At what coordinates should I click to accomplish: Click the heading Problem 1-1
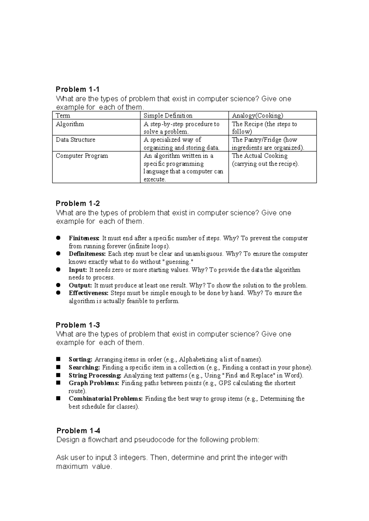[77, 89]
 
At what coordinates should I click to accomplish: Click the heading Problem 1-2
[77, 203]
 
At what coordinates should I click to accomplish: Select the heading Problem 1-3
[77, 325]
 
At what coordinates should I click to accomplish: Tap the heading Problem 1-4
[78, 431]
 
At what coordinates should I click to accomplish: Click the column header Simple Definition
[168, 116]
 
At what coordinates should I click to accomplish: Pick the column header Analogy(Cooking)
[257, 116]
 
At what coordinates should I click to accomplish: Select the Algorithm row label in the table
[70, 124]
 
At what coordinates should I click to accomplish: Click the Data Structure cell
[75, 140]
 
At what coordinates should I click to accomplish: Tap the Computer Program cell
[82, 156]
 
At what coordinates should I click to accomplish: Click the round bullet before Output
[58, 285]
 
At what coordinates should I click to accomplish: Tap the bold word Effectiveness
[89, 293]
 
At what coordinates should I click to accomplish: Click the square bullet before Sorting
[58, 359]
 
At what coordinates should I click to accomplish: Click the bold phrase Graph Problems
[94, 383]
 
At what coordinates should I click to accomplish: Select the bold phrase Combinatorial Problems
[106, 399]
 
